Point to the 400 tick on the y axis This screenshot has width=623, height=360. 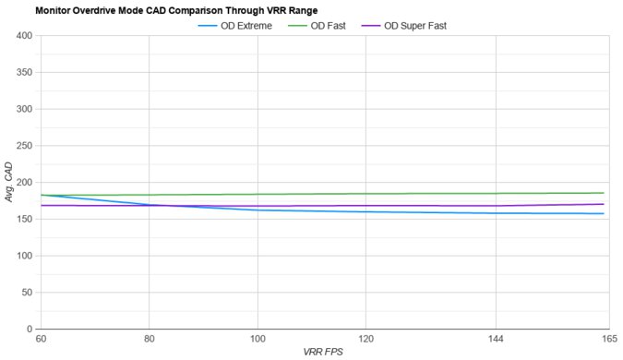(x=24, y=36)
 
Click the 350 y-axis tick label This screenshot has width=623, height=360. (x=24, y=73)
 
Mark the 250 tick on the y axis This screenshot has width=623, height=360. (x=24, y=146)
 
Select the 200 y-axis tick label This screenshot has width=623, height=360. (x=24, y=183)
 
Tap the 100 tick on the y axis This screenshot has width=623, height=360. (x=24, y=256)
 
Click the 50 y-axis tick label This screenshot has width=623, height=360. (x=27, y=293)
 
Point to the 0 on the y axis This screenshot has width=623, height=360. (x=30, y=329)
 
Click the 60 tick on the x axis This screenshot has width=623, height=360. (x=42, y=341)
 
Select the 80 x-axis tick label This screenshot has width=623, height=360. (x=150, y=341)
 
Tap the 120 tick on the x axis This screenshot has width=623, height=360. (x=366, y=341)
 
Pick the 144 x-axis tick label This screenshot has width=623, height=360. (x=497, y=341)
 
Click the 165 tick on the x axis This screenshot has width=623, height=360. (x=605, y=341)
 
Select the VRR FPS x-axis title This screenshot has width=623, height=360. (x=323, y=353)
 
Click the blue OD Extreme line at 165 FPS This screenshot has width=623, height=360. (x=604, y=213)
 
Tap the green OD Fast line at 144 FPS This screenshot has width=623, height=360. (x=497, y=194)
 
